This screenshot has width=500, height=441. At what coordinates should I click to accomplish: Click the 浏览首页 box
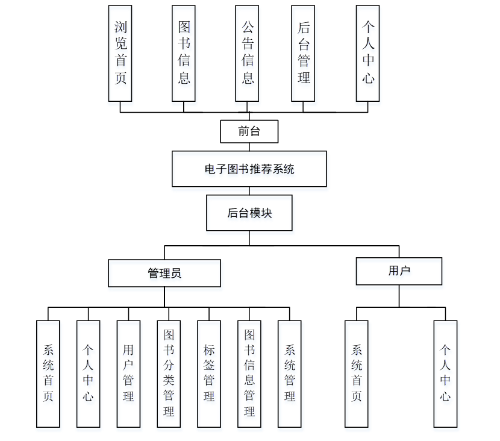(x=120, y=53)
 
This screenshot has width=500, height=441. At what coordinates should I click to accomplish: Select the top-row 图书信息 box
(x=184, y=53)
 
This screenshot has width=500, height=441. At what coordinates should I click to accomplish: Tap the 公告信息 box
(x=248, y=53)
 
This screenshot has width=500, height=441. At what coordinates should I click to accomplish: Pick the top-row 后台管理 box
(x=303, y=53)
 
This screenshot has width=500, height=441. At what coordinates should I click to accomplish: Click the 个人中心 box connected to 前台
(x=368, y=53)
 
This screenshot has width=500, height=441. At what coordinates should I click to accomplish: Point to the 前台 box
(x=249, y=131)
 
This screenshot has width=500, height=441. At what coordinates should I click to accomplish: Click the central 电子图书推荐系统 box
(x=249, y=169)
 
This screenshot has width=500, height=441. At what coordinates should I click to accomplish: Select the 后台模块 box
(x=249, y=213)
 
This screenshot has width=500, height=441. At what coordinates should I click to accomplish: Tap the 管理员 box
(x=164, y=273)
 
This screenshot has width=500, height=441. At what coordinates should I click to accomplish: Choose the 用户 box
(x=399, y=271)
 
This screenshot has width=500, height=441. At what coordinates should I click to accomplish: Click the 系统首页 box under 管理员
(x=48, y=374)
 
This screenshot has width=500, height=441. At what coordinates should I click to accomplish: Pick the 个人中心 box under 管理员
(x=88, y=374)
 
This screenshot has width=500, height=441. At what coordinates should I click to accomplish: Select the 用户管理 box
(x=128, y=374)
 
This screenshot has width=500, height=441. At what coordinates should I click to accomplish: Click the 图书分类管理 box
(x=169, y=374)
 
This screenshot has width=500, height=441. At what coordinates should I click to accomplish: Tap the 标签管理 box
(x=209, y=374)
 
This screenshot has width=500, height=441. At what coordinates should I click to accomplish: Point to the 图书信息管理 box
(x=249, y=374)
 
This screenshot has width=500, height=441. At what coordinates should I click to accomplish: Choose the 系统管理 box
(x=290, y=374)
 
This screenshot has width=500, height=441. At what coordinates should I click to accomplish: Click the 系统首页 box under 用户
(x=357, y=374)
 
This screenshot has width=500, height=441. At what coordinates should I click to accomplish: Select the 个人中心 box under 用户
(x=445, y=374)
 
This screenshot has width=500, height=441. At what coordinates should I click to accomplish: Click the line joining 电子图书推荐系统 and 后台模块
(x=249, y=191)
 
